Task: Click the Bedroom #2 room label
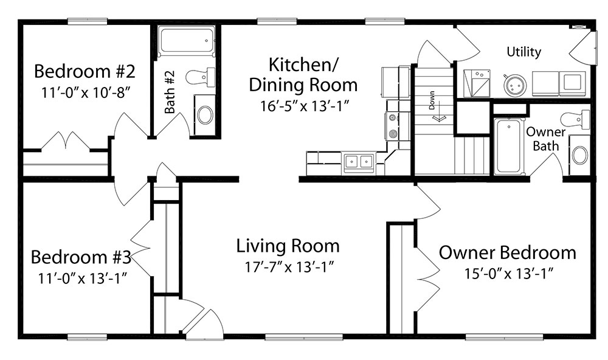pyautogui.click(x=85, y=71)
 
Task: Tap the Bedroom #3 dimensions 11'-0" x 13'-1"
pyautogui.click(x=83, y=278)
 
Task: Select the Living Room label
pyautogui.click(x=288, y=246)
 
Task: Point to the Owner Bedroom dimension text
pyautogui.click(x=508, y=274)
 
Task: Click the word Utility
pyautogui.click(x=524, y=52)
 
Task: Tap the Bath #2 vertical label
pyautogui.click(x=170, y=92)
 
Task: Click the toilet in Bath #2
pyautogui.click(x=200, y=77)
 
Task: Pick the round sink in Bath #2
pyautogui.click(x=205, y=114)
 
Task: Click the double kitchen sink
pyautogui.click(x=359, y=161)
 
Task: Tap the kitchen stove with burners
pyautogui.click(x=393, y=125)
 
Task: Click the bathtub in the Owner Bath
pyautogui.click(x=508, y=146)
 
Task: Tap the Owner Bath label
pyautogui.click(x=545, y=139)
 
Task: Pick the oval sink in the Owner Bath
pyautogui.click(x=579, y=155)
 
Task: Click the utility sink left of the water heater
pyautogui.click(x=477, y=83)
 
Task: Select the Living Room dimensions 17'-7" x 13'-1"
pyautogui.click(x=289, y=268)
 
